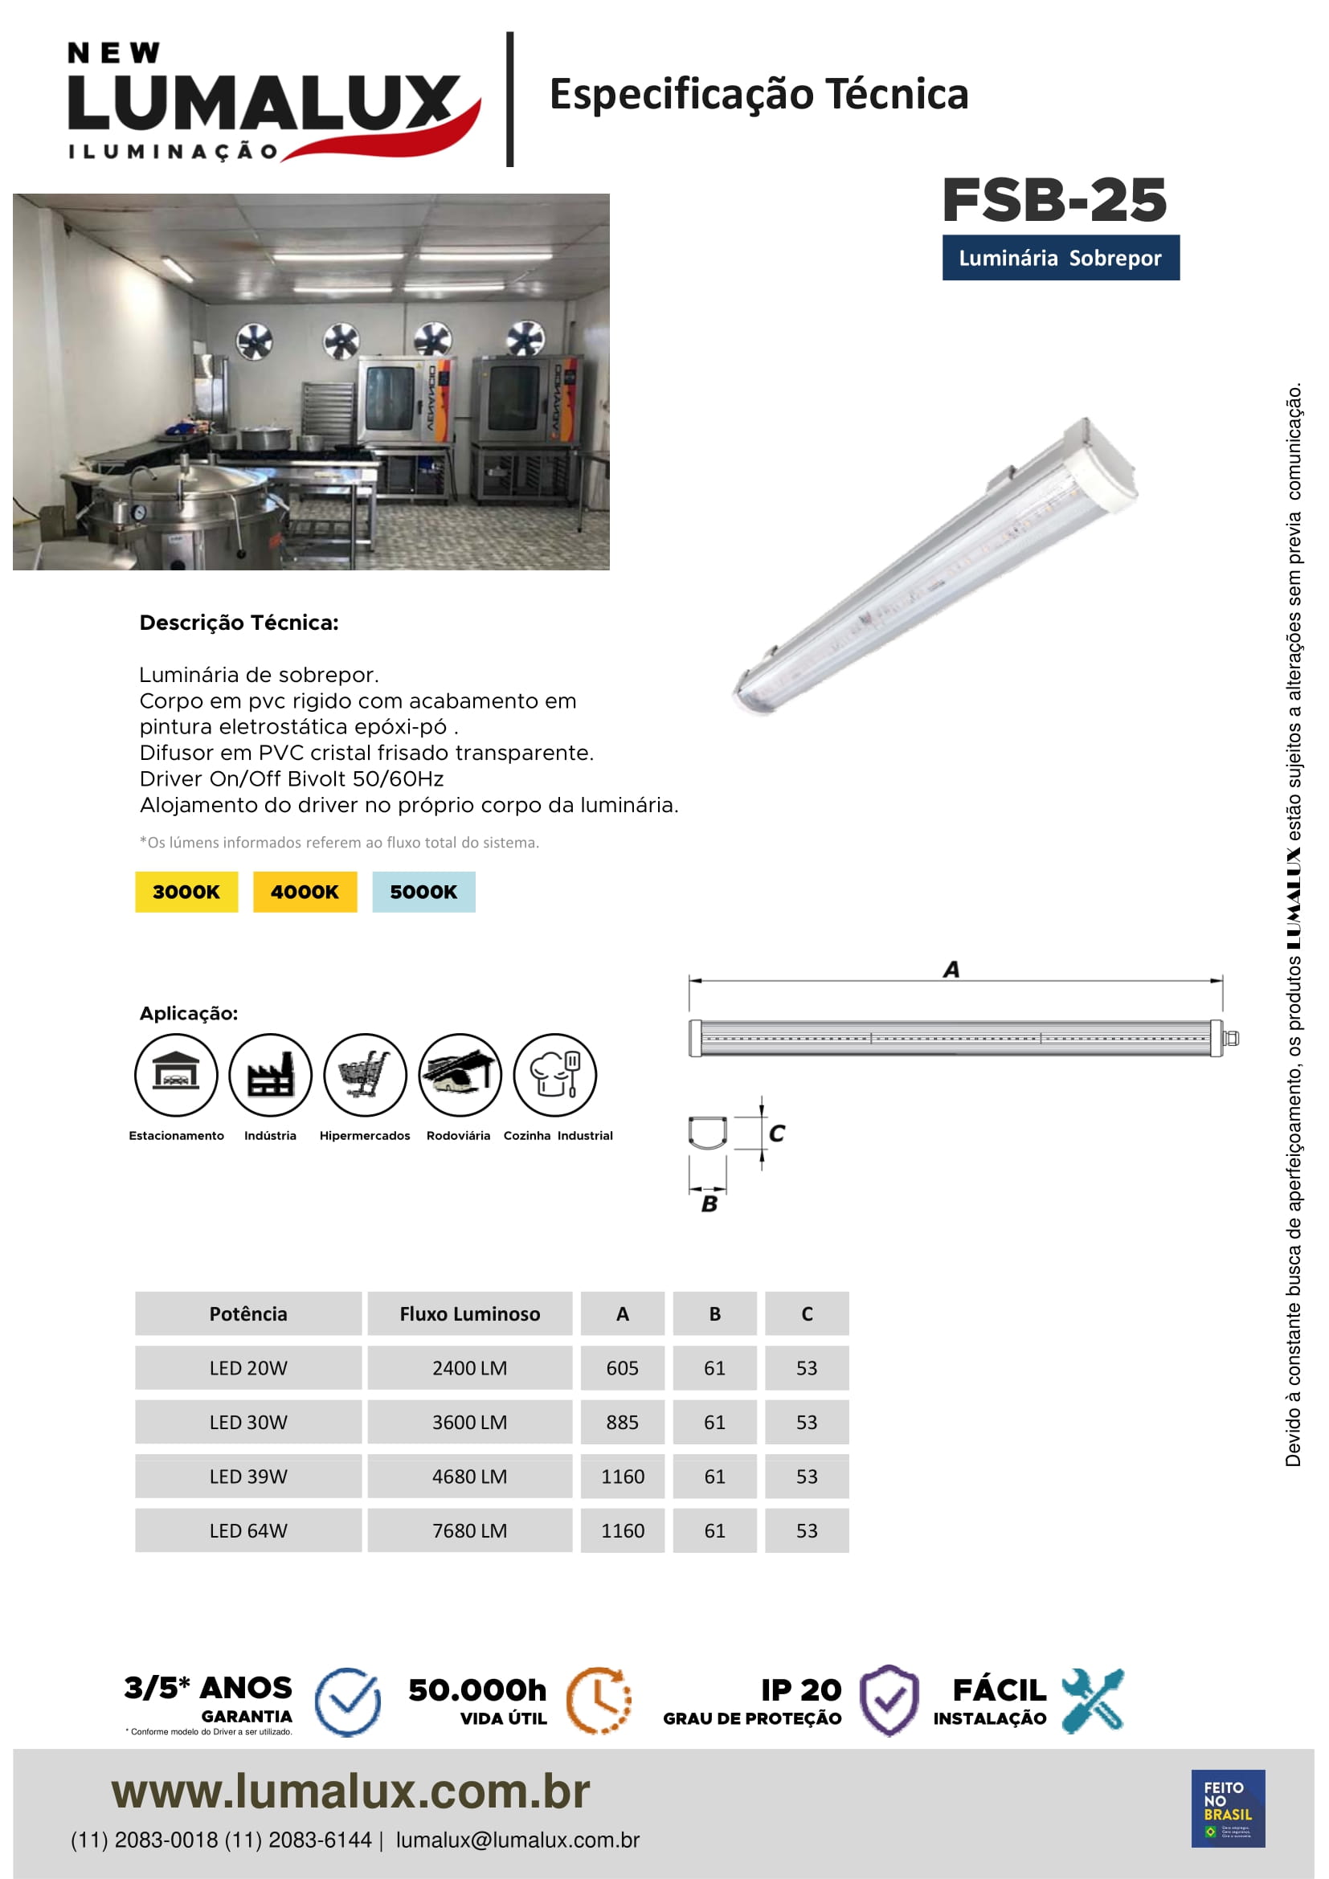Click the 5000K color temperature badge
coord(423,891)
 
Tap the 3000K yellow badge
coord(186,891)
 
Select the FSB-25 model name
coord(1054,200)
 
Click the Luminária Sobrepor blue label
coord(1060,258)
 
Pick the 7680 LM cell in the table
coord(470,1530)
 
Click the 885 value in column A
coord(622,1423)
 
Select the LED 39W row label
coord(248,1477)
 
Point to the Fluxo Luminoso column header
coord(470,1313)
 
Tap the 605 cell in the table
coord(622,1367)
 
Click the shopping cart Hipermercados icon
coord(365,1075)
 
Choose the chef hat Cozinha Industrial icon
coord(555,1075)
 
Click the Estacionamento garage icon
coord(176,1075)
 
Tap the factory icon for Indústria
coord(270,1075)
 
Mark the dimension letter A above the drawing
coord(951,970)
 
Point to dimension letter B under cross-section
coord(709,1204)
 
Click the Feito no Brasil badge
coord(1228,1808)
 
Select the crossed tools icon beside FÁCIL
coord(1093,1700)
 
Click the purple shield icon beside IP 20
coord(889,1700)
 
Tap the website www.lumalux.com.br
coord(350,1791)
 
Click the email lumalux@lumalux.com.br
coord(517,1840)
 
